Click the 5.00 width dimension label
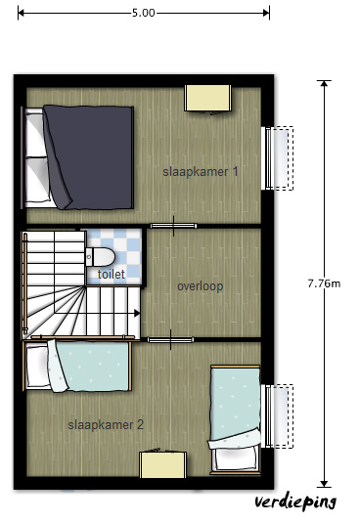click(144, 13)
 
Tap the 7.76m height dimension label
click(324, 283)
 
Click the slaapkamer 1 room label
click(201, 172)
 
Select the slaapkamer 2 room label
click(106, 425)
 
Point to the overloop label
click(201, 286)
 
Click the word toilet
click(112, 275)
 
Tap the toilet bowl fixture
click(100, 257)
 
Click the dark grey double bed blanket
click(89, 157)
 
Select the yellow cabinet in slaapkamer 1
click(207, 98)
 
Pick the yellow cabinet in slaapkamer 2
click(162, 464)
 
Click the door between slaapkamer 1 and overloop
click(173, 226)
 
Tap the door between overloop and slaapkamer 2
click(170, 340)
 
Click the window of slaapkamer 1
click(279, 158)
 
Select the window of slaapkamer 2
click(279, 416)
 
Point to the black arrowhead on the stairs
click(137, 313)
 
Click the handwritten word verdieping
click(295, 502)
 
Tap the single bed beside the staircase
click(77, 366)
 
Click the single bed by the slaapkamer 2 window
click(235, 419)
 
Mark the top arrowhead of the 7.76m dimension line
click(324, 83)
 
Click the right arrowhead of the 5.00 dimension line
click(266, 13)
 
